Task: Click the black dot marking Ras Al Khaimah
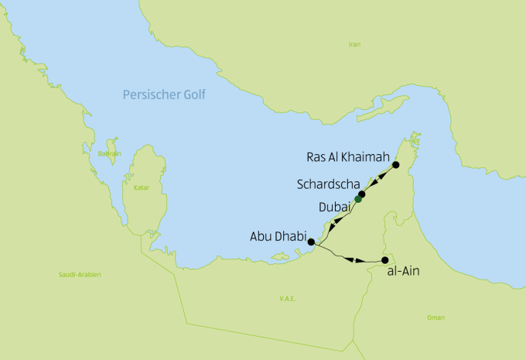[x=396, y=165]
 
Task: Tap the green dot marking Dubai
[x=358, y=199]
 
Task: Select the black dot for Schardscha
[x=362, y=194]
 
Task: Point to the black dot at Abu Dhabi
[x=311, y=242]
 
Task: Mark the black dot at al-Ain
[x=385, y=260]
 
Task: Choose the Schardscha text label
[x=326, y=185]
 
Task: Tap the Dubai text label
[x=334, y=207]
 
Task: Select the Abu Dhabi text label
[x=277, y=236]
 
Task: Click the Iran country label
[x=354, y=45]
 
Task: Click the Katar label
[x=141, y=187]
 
